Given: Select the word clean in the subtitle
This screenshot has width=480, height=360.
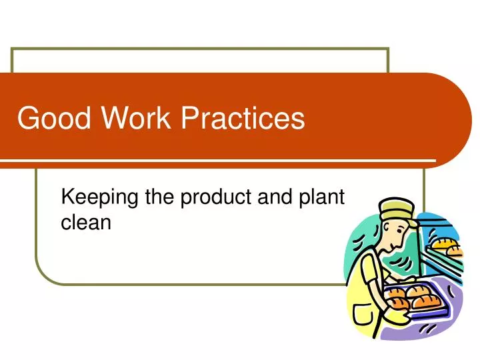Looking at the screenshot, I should tap(85, 223).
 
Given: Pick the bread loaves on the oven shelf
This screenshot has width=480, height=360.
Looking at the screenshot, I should tap(445, 245).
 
